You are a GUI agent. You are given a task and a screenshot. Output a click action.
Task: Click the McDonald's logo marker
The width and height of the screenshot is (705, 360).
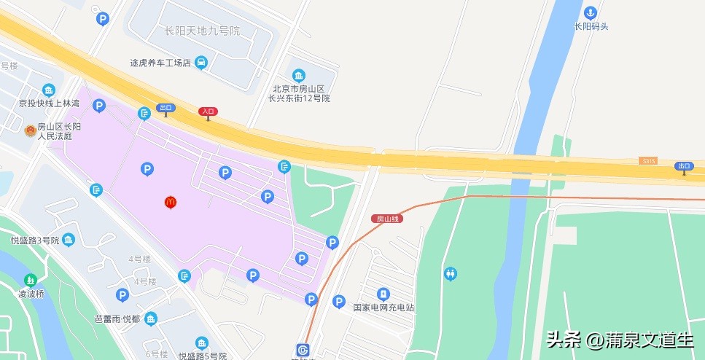[x=171, y=202]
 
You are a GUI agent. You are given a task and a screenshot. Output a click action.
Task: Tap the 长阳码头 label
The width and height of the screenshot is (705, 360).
[x=591, y=26]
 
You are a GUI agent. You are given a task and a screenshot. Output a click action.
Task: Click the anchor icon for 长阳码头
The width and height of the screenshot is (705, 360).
[x=591, y=12]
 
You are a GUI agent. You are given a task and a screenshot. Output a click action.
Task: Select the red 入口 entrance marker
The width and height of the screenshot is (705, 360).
[x=208, y=111]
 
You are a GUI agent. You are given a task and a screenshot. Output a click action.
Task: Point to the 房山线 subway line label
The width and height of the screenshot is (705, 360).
[x=386, y=219]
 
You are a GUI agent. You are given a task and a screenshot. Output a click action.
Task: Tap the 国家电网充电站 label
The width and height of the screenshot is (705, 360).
[x=383, y=308]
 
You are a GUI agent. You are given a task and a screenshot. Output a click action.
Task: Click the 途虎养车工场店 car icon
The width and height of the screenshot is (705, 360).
[x=201, y=63]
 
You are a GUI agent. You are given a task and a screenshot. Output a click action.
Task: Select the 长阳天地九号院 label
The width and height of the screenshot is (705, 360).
[x=202, y=31]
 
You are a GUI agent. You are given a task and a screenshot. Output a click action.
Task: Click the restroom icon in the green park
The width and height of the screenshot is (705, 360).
[x=451, y=273]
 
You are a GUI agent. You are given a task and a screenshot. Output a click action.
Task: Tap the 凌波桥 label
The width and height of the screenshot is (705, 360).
[x=31, y=294]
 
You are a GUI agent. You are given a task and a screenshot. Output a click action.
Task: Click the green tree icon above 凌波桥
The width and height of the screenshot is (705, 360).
[x=31, y=280]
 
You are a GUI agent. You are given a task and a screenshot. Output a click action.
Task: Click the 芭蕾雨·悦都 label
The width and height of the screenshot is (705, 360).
[x=117, y=319]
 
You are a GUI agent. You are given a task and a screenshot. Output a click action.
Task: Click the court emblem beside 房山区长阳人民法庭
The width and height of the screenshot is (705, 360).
[x=30, y=130]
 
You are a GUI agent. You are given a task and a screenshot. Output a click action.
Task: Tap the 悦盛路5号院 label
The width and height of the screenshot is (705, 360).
[x=203, y=356]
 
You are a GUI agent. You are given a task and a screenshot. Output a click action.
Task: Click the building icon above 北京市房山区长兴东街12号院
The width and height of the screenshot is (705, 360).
[x=299, y=76]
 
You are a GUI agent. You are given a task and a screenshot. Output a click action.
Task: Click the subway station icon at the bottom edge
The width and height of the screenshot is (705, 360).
[x=303, y=350]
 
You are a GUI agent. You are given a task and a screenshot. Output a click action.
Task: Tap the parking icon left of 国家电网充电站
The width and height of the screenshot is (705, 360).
[x=338, y=301]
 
